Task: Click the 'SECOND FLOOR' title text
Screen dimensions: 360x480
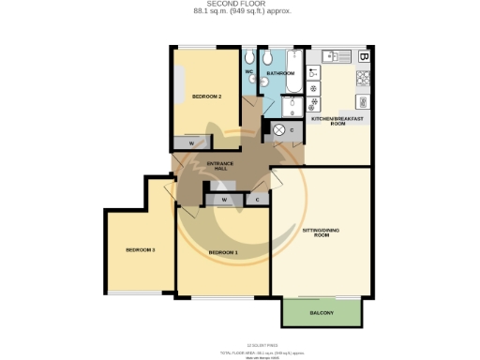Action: click(239, 5)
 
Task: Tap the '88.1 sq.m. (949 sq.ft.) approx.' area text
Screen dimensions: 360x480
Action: click(239, 12)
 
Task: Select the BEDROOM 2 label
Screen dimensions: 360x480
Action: click(205, 97)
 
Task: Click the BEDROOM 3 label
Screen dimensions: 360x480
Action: click(140, 250)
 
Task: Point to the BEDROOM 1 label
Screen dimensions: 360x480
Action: click(223, 253)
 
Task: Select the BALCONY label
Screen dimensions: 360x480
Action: click(322, 312)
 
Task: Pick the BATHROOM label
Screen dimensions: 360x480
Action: click(280, 73)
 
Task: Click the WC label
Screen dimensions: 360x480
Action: click(249, 71)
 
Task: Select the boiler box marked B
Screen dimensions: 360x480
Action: click(363, 56)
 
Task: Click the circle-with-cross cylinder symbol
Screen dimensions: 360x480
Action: click(278, 130)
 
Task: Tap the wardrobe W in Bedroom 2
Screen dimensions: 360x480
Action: click(191, 143)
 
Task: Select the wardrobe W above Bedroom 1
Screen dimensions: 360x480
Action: click(224, 199)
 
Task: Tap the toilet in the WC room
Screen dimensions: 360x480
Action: click(249, 84)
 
